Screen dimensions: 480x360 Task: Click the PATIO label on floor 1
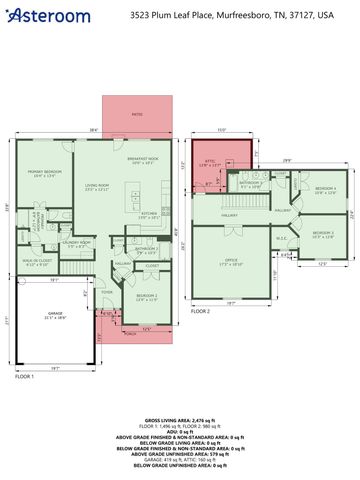(137, 114)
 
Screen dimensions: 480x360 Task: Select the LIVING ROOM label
(97, 187)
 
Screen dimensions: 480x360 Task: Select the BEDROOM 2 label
(146, 297)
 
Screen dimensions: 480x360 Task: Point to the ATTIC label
(211, 162)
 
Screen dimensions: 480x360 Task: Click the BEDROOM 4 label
(325, 188)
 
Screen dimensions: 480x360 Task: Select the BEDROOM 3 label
(322, 234)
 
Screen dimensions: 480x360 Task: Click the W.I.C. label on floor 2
(282, 237)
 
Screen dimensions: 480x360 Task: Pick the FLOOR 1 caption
(24, 377)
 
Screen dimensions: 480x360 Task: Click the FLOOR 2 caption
(201, 311)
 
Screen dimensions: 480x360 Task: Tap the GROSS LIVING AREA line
(180, 421)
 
